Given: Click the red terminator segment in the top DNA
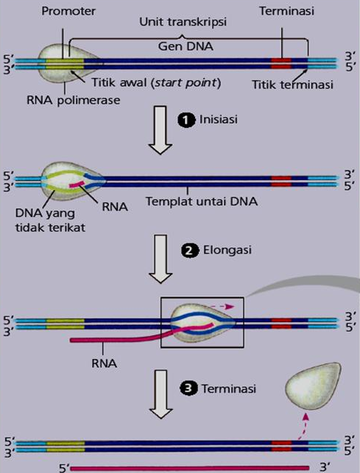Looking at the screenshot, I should click(280, 63).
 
